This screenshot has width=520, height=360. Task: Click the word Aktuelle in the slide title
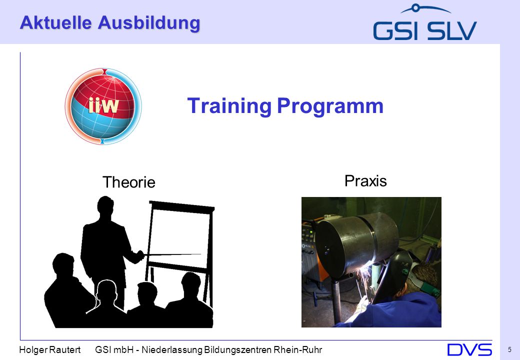[x=55, y=22]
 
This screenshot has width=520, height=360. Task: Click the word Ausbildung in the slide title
[x=149, y=23]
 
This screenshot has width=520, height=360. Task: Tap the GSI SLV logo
[x=425, y=22]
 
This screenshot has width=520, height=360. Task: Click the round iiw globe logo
[x=103, y=106]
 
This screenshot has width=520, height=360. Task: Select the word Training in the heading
[x=229, y=106]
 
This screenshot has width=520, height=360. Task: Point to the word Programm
[x=330, y=106]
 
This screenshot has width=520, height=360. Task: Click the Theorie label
[x=128, y=182]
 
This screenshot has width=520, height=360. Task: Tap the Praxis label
[x=365, y=181]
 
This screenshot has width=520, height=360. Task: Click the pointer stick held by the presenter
[x=172, y=254]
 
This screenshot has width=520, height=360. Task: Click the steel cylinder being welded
[x=356, y=243]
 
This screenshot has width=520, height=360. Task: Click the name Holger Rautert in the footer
[x=49, y=349]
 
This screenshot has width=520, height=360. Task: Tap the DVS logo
[x=469, y=349]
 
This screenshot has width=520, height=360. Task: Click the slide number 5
[x=509, y=349]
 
